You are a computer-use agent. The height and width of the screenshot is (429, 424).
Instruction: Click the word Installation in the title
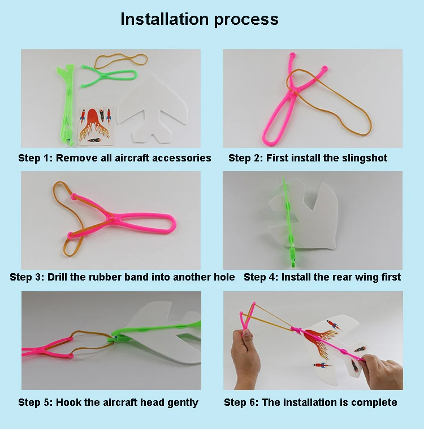pyautogui.click(x=165, y=19)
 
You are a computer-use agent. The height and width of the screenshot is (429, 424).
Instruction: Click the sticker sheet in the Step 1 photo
pyautogui.click(x=96, y=126)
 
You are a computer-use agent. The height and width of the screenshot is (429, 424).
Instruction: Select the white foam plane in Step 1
pyautogui.click(x=153, y=110)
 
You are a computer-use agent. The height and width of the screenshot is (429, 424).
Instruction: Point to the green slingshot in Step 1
pyautogui.click(x=110, y=75)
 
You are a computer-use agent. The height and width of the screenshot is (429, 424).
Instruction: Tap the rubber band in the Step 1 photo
pyautogui.click(x=120, y=61)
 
